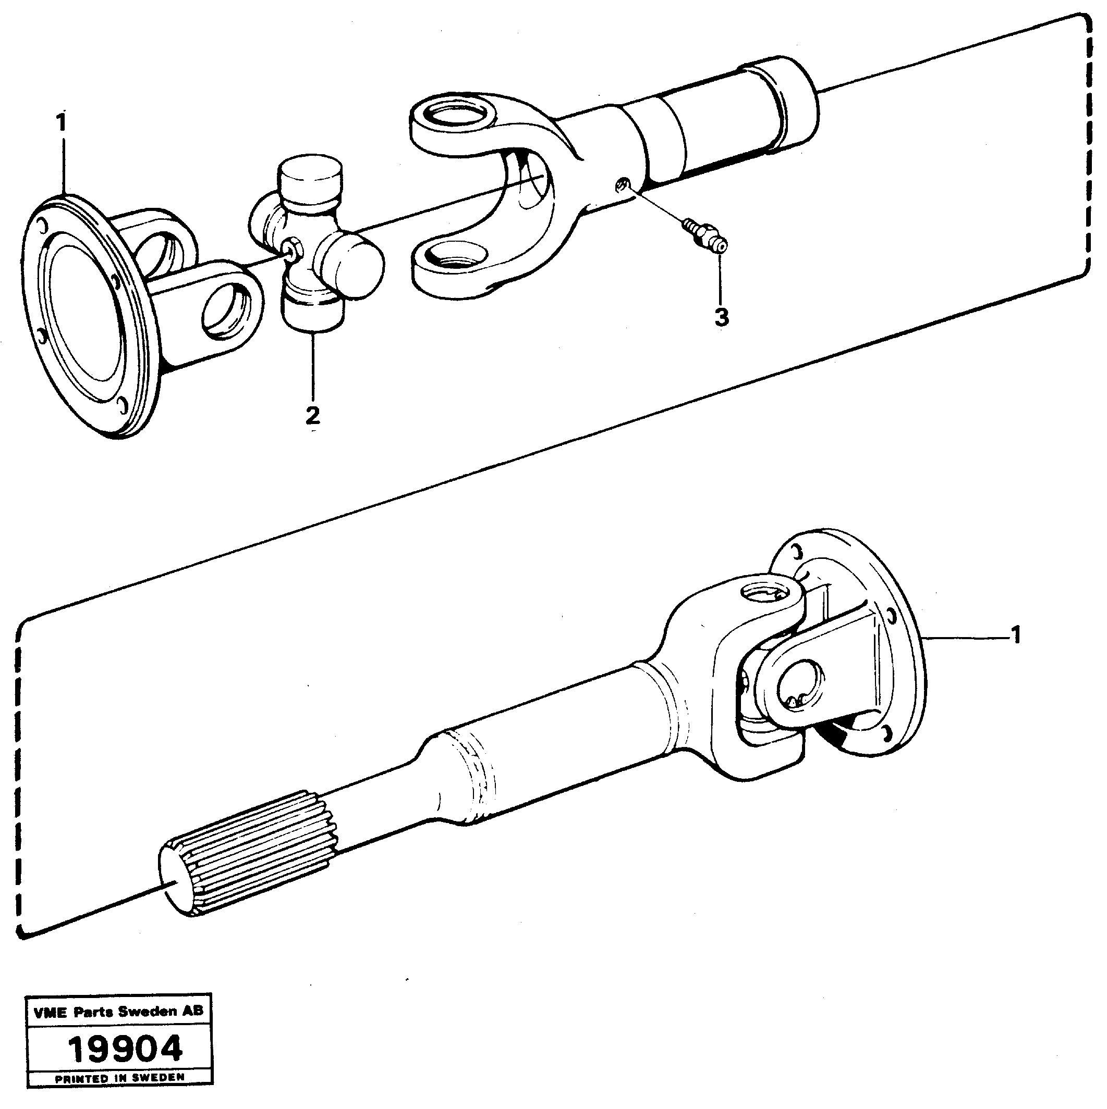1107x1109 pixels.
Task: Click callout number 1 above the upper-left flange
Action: (x=61, y=123)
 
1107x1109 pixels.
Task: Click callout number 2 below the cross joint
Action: (x=312, y=415)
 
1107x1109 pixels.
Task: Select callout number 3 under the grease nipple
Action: (x=721, y=317)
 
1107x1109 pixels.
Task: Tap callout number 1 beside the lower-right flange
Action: (x=1015, y=636)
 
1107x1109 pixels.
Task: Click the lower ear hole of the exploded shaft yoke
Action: (x=451, y=253)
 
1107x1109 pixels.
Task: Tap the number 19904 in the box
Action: (x=125, y=1049)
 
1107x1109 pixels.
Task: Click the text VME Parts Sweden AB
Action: (x=118, y=1012)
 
